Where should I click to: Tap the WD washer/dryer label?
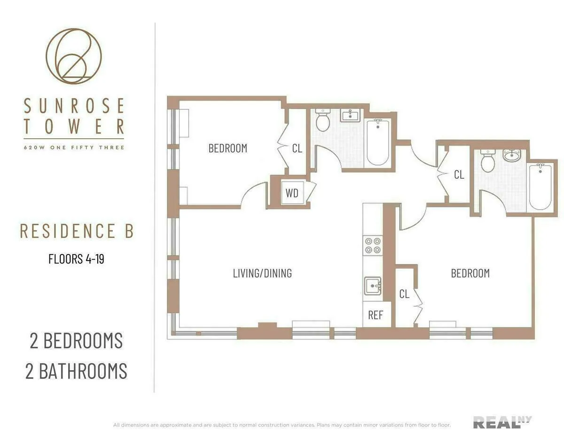point(292,193)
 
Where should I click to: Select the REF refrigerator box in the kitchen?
point(375,315)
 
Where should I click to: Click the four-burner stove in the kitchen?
point(373,245)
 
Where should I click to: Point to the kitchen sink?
point(373,285)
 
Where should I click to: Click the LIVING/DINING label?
point(262,273)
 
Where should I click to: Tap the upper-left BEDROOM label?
point(227,148)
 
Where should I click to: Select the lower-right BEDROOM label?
point(470,273)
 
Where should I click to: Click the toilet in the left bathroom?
point(323,121)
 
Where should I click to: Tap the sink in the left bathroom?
point(350,115)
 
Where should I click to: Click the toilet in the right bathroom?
point(488,162)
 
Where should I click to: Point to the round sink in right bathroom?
point(511,156)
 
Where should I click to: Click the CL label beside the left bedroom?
point(297,148)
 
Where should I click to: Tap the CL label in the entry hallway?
point(459,174)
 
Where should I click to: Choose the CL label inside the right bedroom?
point(404,294)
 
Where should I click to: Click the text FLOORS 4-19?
point(76,259)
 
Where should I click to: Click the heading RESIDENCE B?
point(77,231)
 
